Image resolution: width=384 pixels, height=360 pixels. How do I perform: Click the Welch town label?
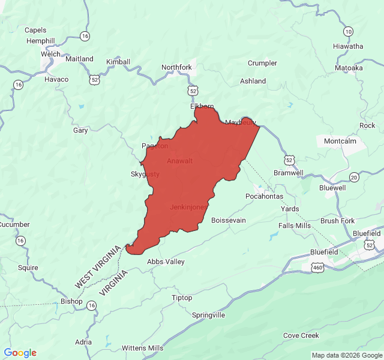point(50,53)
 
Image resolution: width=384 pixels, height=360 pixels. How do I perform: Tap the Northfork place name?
point(176,67)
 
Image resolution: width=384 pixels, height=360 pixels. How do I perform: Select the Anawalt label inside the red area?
point(180,161)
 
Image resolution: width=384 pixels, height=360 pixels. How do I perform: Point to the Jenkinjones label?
point(189,207)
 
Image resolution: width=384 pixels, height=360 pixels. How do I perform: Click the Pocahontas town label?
point(264,196)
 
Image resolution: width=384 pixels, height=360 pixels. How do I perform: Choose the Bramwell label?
point(289,173)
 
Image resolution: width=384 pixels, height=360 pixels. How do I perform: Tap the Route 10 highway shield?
point(349,31)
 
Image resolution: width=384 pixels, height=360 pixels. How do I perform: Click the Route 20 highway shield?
point(354,177)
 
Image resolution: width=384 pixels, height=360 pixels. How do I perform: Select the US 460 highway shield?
point(317,266)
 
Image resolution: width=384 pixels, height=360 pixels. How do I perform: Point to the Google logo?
point(20,353)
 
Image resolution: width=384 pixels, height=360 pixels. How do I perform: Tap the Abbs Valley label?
point(166,262)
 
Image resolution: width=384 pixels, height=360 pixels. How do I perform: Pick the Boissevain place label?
point(229,220)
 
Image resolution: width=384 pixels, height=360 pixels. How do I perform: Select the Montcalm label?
point(340,141)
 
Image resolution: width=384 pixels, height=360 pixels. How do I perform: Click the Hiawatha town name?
point(348,46)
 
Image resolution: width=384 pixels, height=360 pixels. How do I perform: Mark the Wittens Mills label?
point(142,348)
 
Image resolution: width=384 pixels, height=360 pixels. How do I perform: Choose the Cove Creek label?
point(301,335)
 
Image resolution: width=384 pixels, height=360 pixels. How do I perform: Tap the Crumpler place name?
point(262,63)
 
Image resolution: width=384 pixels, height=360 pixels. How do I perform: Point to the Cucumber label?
point(14,224)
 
